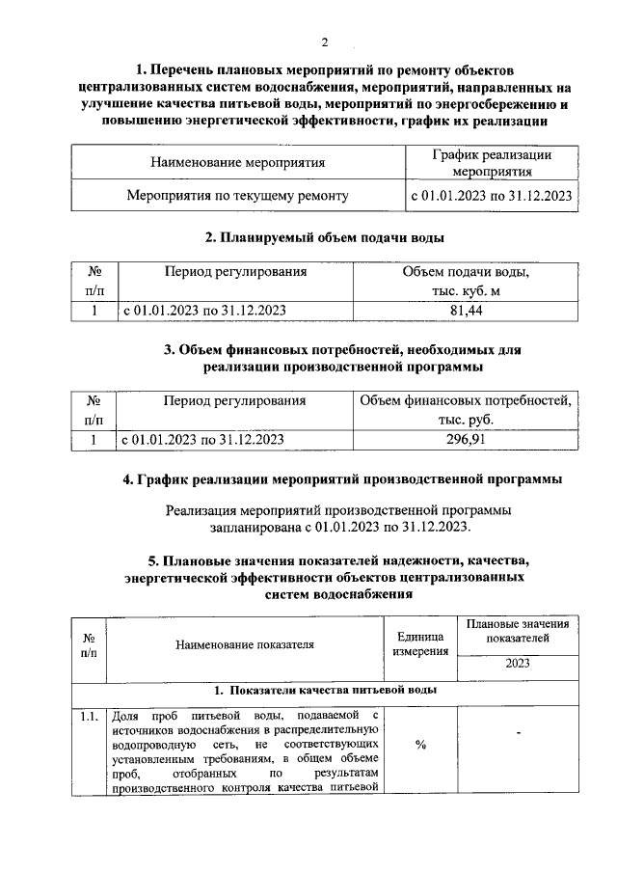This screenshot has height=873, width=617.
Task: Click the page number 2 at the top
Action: [x=325, y=41]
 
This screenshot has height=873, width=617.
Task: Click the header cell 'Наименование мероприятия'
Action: [x=237, y=162]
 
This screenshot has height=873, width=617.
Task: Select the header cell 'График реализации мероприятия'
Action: [x=492, y=162]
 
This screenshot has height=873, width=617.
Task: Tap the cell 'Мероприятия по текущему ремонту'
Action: [x=237, y=195]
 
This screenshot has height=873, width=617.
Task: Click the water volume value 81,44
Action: [x=466, y=311]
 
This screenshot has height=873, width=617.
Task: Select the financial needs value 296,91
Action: [x=466, y=439]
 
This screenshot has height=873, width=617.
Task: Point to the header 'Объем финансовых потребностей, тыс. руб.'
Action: [x=466, y=410]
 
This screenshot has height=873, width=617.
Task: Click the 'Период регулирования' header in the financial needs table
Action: [x=234, y=400]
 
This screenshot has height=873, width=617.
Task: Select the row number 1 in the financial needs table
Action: [x=94, y=439]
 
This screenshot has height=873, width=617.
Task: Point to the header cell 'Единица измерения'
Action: [x=420, y=644]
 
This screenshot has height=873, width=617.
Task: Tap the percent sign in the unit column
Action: [x=420, y=753]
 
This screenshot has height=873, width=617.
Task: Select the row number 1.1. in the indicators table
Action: [x=89, y=716]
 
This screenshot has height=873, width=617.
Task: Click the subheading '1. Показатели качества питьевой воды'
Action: [x=325, y=691]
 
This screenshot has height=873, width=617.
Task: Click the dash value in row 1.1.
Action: [x=518, y=736]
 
